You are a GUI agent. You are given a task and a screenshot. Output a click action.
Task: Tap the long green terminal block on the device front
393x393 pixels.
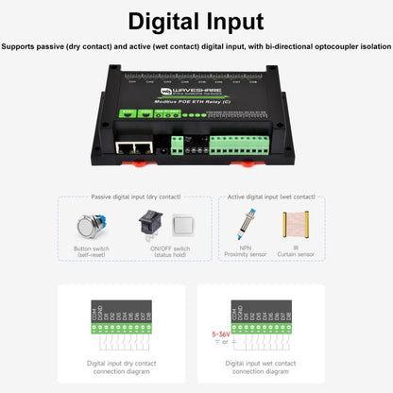(x=243, y=146)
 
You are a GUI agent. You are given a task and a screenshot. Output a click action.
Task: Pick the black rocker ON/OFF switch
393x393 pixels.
(x=146, y=226)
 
